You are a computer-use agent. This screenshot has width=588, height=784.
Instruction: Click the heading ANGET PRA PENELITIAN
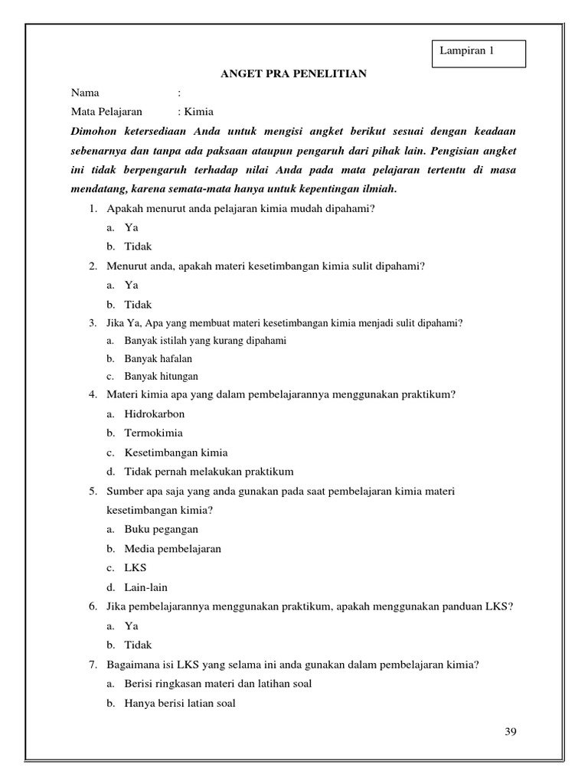(x=294, y=73)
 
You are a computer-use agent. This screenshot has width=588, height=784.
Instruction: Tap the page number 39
(x=511, y=731)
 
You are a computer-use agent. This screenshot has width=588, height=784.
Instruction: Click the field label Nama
(x=85, y=93)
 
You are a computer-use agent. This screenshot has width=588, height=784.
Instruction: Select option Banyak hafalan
(x=158, y=358)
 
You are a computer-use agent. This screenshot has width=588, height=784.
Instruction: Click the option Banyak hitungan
(x=161, y=376)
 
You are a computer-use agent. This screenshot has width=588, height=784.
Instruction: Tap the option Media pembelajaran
(x=172, y=549)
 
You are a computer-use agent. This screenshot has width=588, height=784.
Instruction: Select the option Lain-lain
(x=145, y=587)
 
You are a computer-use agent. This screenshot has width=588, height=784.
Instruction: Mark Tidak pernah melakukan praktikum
(x=208, y=471)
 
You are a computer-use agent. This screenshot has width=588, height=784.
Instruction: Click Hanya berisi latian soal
(x=179, y=703)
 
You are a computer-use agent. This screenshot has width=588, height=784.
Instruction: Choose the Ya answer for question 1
(x=131, y=227)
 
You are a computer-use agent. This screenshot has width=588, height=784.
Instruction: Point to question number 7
(x=92, y=665)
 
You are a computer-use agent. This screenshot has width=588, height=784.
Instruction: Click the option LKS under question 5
(x=136, y=568)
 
